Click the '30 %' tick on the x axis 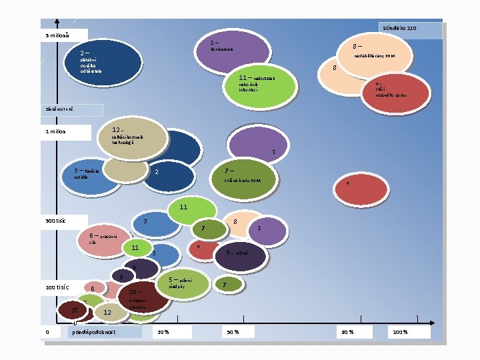(162, 331)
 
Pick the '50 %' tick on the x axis (232, 331)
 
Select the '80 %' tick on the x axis (348, 331)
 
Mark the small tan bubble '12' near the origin (107, 312)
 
